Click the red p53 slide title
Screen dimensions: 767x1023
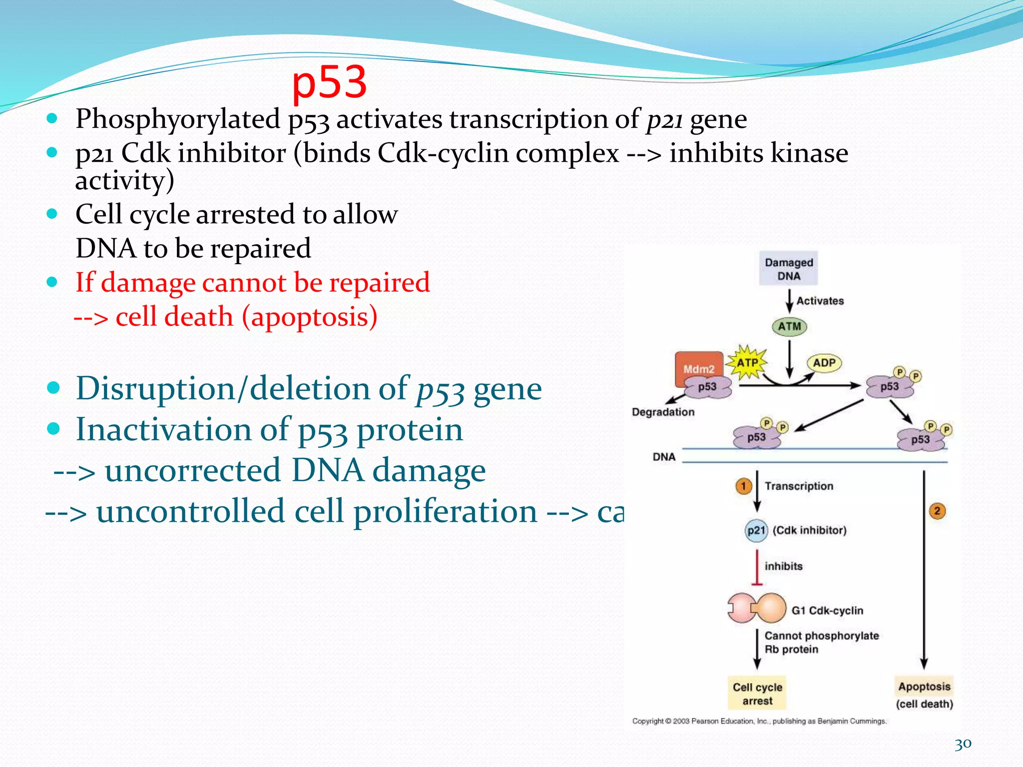pyautogui.click(x=330, y=82)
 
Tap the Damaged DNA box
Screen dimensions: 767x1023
pyautogui.click(x=788, y=269)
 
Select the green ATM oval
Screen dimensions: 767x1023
pyautogui.click(x=789, y=327)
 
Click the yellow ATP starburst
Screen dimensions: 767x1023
pyautogui.click(x=747, y=363)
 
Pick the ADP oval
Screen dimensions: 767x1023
pyautogui.click(x=824, y=363)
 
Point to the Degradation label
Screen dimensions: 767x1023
pyautogui.click(x=663, y=412)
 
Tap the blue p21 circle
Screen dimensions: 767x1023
pyautogui.click(x=756, y=530)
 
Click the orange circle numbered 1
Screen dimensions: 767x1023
pyautogui.click(x=743, y=486)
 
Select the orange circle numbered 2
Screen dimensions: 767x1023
pyautogui.click(x=937, y=511)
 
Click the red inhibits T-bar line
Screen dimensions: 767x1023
pyautogui.click(x=757, y=567)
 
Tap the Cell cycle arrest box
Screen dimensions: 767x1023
pyautogui.click(x=757, y=694)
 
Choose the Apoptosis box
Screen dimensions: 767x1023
pyautogui.click(x=924, y=687)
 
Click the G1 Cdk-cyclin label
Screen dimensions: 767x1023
pyautogui.click(x=827, y=610)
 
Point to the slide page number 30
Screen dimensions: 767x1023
pyautogui.click(x=963, y=744)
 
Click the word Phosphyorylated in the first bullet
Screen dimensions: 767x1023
pyautogui.click(x=177, y=119)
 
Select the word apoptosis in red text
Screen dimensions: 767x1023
pyautogui.click(x=310, y=317)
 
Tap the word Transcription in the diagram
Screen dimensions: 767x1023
pyautogui.click(x=799, y=486)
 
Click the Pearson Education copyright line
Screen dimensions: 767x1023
pyautogui.click(x=759, y=721)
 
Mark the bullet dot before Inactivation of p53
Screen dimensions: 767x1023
pyautogui.click(x=53, y=429)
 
